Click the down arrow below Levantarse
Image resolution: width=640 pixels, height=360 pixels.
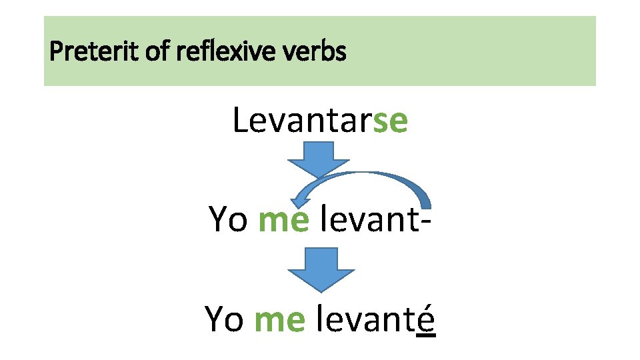coord(319,159)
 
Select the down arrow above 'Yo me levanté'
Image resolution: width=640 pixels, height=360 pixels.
coord(321,268)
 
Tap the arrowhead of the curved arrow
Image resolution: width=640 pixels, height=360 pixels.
coord(303,195)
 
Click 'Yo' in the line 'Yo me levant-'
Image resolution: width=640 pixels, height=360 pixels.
coord(228,219)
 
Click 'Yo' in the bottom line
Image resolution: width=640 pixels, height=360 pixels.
coord(224,319)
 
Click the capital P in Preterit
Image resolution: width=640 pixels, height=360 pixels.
coord(55,51)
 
